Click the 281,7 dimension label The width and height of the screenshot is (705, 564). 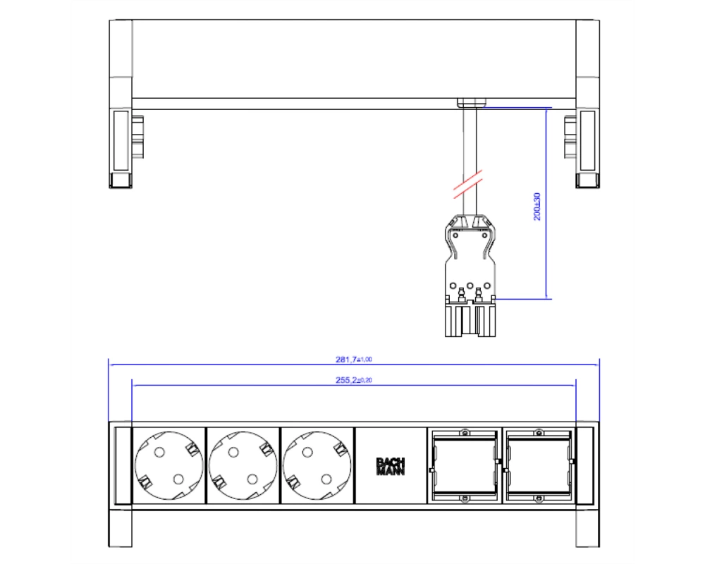[354, 360]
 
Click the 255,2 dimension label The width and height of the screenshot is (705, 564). [354, 380]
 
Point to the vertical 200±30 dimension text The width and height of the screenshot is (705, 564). [537, 207]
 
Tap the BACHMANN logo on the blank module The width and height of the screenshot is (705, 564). [391, 467]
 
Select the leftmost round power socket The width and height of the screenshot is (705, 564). [168, 465]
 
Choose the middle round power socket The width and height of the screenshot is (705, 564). [243, 465]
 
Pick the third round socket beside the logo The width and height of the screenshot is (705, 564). [317, 465]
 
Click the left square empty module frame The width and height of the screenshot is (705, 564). [465, 465]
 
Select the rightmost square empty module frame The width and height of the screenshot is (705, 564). [539, 465]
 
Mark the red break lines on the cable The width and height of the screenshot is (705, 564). [467, 184]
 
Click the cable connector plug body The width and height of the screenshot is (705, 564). [470, 275]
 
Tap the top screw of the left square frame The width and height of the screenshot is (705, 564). [465, 433]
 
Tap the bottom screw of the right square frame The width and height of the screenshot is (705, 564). [539, 498]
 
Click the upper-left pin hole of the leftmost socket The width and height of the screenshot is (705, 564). [159, 452]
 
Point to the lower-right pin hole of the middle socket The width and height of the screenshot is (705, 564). [252, 479]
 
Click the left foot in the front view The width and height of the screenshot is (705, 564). [120, 529]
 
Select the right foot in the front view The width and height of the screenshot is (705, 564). [588, 529]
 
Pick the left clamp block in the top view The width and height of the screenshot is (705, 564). [137, 137]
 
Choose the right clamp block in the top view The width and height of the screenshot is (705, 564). [570, 137]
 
